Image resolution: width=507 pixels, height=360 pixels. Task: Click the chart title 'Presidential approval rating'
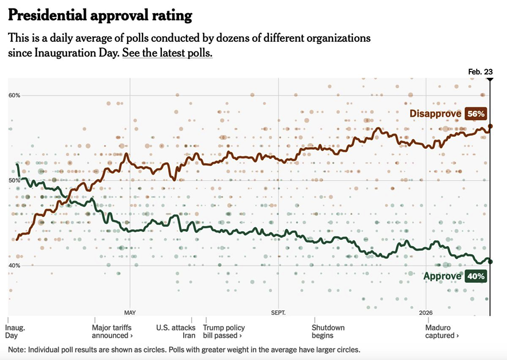[100, 15]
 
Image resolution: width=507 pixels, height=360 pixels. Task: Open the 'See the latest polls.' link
[167, 53]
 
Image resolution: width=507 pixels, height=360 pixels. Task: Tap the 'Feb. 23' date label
[480, 72]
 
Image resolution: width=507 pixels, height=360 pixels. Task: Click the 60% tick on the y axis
[14, 96]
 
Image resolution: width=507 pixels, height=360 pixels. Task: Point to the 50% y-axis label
[14, 180]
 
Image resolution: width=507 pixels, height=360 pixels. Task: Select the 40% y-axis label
[14, 266]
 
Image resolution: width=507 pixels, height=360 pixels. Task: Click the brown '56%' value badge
[476, 113]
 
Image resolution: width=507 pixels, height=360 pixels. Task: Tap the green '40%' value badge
[476, 276]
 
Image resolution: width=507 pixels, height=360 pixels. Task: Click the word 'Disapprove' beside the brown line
[435, 113]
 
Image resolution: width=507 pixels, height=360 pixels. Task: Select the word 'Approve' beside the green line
[442, 276]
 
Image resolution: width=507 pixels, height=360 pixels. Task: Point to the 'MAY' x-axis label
[130, 312]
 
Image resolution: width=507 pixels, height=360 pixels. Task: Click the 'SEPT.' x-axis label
[279, 312]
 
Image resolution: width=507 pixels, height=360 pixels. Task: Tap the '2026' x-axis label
[426, 312]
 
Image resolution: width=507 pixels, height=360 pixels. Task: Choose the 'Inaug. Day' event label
[15, 331]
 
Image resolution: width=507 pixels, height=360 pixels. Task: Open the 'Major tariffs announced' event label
[112, 331]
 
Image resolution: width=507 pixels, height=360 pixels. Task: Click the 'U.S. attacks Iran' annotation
[176, 331]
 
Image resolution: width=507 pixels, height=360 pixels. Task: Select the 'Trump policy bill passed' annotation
[224, 331]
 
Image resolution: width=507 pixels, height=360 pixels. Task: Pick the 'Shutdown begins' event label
[328, 331]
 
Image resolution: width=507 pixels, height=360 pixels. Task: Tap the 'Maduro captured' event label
[442, 331]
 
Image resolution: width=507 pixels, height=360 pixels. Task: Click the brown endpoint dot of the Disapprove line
[490, 126]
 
